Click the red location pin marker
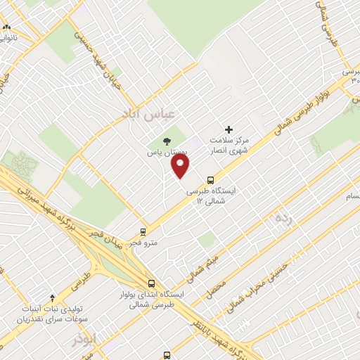click(181, 166)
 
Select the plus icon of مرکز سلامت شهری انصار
click(228, 129)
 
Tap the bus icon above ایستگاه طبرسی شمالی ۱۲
click(211, 179)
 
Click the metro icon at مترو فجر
click(143, 231)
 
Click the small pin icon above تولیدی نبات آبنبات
click(52, 297)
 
